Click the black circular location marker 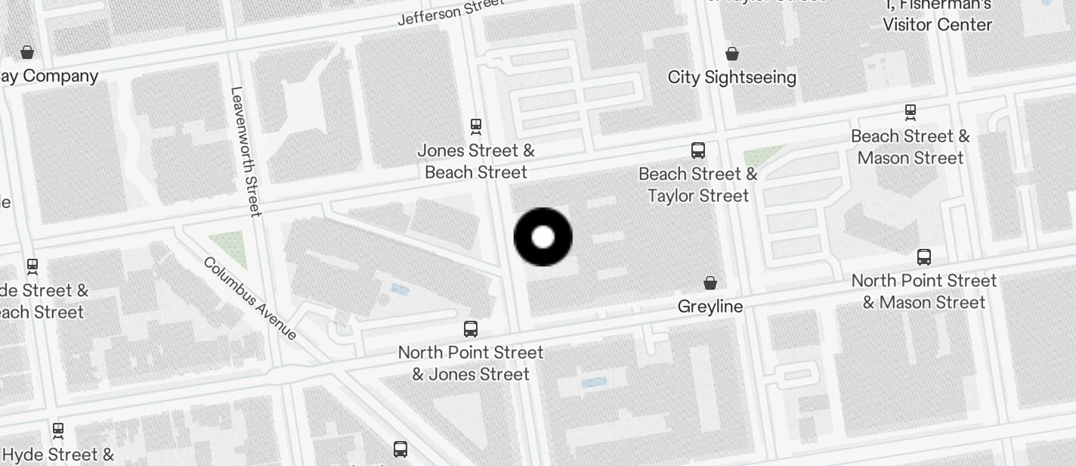click(x=543, y=237)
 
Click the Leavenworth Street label click(x=246, y=151)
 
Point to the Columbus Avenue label click(x=250, y=298)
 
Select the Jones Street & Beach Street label click(x=476, y=161)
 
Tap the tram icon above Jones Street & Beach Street click(x=476, y=126)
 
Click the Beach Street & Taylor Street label click(x=698, y=185)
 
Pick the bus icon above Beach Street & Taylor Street click(x=698, y=150)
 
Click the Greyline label click(x=710, y=306)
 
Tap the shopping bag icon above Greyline click(x=710, y=283)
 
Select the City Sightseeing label click(x=732, y=77)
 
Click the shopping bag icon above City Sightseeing click(x=732, y=54)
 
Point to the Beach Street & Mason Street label click(x=911, y=147)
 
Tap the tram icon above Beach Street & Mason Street click(x=911, y=112)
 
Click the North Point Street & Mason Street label click(x=924, y=291)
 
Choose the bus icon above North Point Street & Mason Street click(x=924, y=256)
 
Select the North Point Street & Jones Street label click(x=471, y=363)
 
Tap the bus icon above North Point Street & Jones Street click(x=471, y=329)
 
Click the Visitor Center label click(x=938, y=24)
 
